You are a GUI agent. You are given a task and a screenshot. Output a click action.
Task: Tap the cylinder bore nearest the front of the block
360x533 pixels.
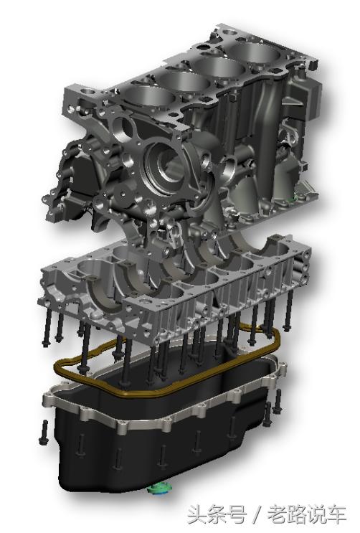point(150,95)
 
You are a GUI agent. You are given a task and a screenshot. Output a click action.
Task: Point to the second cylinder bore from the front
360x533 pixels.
point(184,80)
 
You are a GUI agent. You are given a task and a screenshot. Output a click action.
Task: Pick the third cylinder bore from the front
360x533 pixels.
point(220,65)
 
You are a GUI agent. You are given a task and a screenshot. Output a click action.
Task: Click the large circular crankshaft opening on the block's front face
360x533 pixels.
point(166,166)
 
